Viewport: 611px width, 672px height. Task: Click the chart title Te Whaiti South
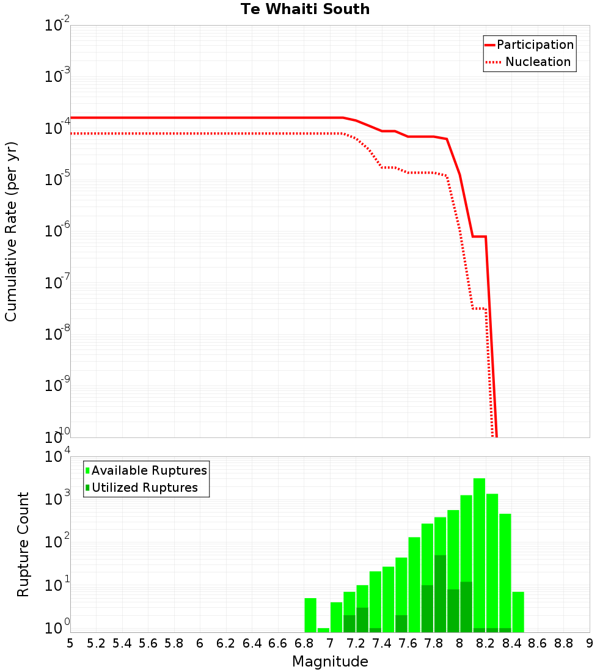coord(305,9)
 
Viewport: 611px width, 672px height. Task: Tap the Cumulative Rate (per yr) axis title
coord(11,231)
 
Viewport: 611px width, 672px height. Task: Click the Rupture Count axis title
coord(23,544)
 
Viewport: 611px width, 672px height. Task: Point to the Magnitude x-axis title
coord(330,662)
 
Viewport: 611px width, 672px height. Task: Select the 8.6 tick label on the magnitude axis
coord(538,643)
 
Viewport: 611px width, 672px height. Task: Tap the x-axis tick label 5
coord(70,643)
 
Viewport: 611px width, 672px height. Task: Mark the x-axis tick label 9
coord(590,643)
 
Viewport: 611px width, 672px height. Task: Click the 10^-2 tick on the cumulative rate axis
coord(57,26)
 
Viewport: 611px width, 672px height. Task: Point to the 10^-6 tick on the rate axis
coord(57,232)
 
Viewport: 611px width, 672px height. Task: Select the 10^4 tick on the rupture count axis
coord(57,457)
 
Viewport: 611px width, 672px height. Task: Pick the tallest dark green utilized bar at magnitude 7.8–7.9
coord(440,593)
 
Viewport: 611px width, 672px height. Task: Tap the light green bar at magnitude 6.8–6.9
coord(310,615)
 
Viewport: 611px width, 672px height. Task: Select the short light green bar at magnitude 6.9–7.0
coord(323,630)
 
